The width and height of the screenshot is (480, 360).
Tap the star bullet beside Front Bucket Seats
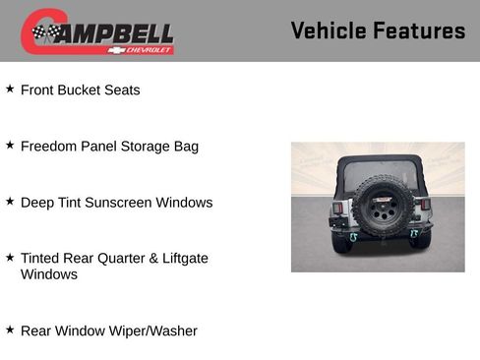tap(10, 89)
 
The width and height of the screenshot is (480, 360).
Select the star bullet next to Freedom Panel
tap(10, 145)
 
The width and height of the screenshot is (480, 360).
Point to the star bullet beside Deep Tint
tap(10, 201)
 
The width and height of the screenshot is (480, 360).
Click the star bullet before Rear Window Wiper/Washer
tap(10, 330)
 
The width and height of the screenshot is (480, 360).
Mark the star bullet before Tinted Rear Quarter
tap(10, 257)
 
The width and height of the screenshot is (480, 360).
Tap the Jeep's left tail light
tap(337, 208)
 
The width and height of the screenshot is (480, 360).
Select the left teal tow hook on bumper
tap(353, 236)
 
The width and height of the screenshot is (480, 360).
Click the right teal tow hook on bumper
tap(414, 234)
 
